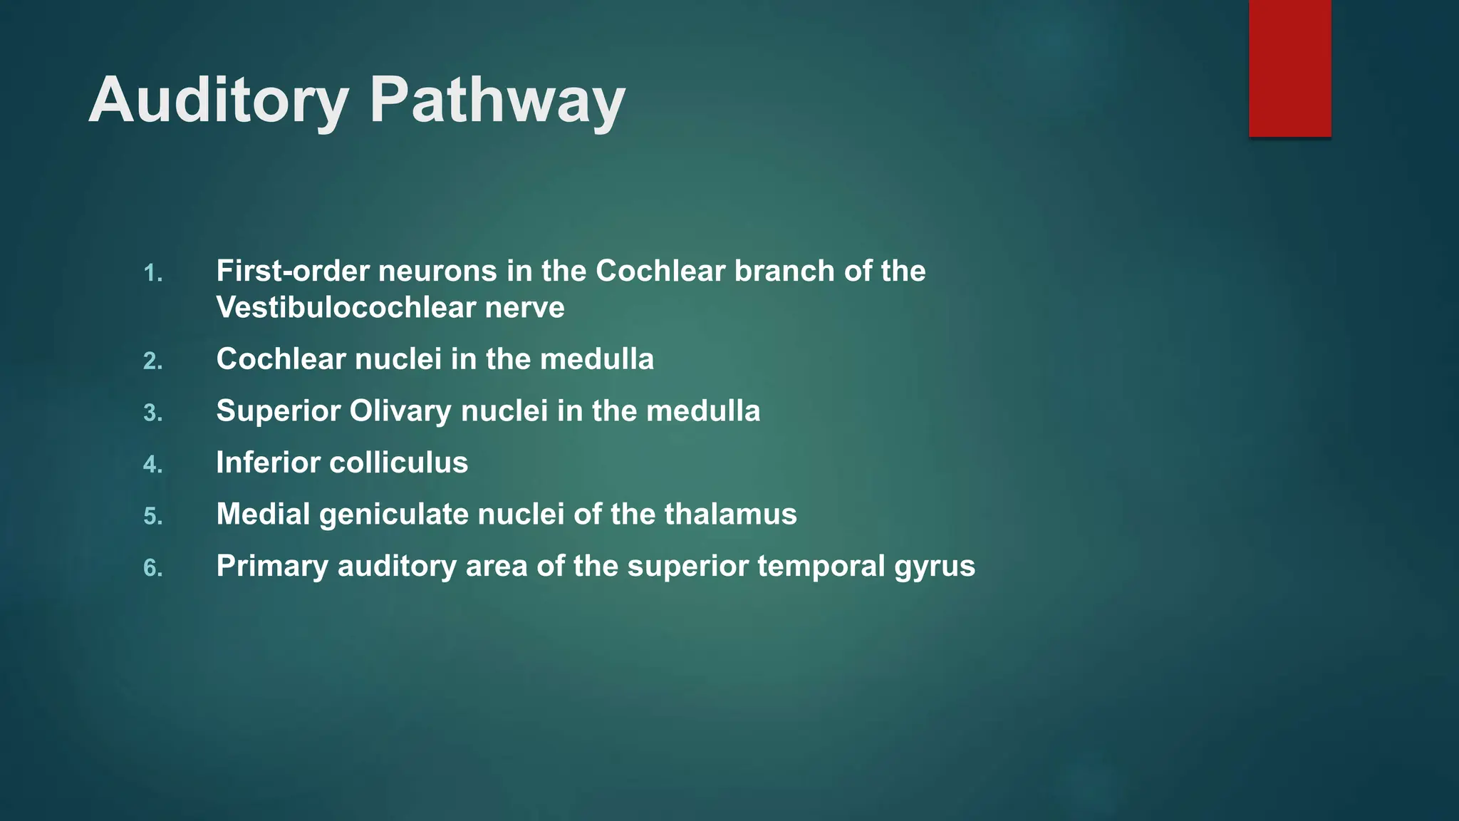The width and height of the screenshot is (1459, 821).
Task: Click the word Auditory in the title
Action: [218, 101]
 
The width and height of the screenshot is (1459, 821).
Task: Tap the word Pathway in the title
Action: [497, 101]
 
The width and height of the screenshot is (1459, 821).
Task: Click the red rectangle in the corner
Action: [1289, 68]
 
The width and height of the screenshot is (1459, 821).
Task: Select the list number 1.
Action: [152, 274]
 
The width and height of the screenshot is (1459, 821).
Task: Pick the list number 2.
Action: [152, 362]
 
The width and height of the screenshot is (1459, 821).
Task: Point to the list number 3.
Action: [152, 413]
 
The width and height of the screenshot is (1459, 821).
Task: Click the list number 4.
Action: [152, 465]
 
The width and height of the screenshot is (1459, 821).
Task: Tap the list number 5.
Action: [152, 517]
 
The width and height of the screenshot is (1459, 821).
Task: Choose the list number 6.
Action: [152, 569]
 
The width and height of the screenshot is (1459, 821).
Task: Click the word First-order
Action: [292, 272]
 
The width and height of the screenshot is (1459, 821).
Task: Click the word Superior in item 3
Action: [278, 412]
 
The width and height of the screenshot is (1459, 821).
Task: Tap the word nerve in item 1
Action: [524, 308]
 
